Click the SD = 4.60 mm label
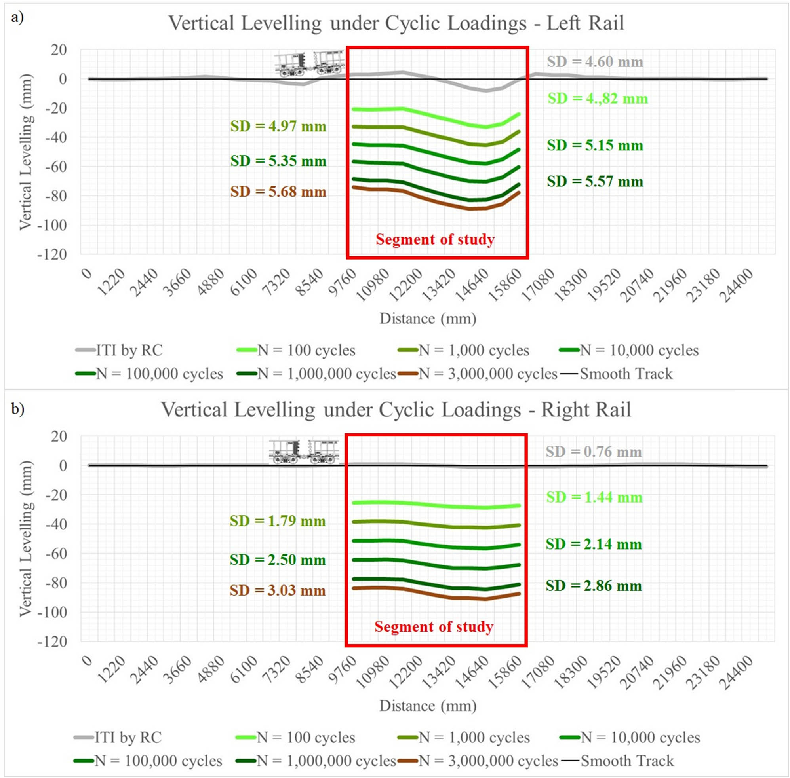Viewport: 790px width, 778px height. pos(595,62)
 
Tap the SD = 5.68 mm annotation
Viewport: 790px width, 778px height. pos(278,192)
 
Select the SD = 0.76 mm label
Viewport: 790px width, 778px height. pos(593,452)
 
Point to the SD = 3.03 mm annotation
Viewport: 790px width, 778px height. pos(278,590)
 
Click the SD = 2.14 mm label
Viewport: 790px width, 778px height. pos(594,544)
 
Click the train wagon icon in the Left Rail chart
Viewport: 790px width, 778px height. pos(309,63)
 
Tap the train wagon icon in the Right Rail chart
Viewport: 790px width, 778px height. pos(304,452)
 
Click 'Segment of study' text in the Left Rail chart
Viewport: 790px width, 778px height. pos(435,239)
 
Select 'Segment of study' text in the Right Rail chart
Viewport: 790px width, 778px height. pos(434,626)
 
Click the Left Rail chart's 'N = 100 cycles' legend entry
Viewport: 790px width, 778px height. pos(296,350)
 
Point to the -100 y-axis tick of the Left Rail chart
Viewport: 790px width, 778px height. pos(52,225)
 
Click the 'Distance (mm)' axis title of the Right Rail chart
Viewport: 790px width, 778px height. pos(428,706)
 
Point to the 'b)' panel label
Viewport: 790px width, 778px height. pos(17,409)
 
